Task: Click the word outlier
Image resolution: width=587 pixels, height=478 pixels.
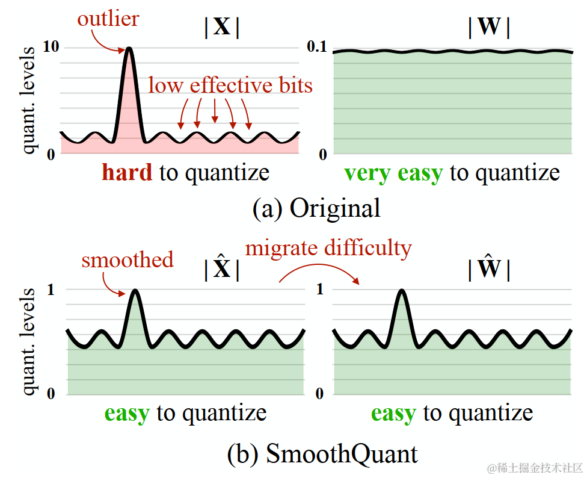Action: click(x=108, y=19)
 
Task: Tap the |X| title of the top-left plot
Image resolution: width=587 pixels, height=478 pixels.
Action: click(x=222, y=28)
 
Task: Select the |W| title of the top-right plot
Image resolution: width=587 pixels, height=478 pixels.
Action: click(x=488, y=28)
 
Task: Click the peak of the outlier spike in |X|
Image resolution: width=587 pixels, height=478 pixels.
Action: click(x=129, y=49)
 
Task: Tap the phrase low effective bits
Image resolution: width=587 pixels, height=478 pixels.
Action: click(x=230, y=85)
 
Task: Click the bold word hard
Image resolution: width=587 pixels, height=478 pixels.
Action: click(x=128, y=173)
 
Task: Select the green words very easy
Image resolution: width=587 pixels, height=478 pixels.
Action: click(x=393, y=173)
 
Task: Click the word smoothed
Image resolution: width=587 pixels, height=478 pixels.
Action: click(x=128, y=260)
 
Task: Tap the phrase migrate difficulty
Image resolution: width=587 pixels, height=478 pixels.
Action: click(x=328, y=247)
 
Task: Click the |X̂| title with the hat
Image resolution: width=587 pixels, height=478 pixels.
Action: click(x=222, y=268)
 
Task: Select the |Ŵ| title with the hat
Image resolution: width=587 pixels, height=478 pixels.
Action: click(x=488, y=268)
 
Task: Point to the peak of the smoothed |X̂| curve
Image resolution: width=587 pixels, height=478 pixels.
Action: click(x=136, y=291)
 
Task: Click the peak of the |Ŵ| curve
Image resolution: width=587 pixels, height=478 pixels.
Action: click(x=401, y=291)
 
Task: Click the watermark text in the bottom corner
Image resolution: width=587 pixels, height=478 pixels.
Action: click(x=535, y=468)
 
